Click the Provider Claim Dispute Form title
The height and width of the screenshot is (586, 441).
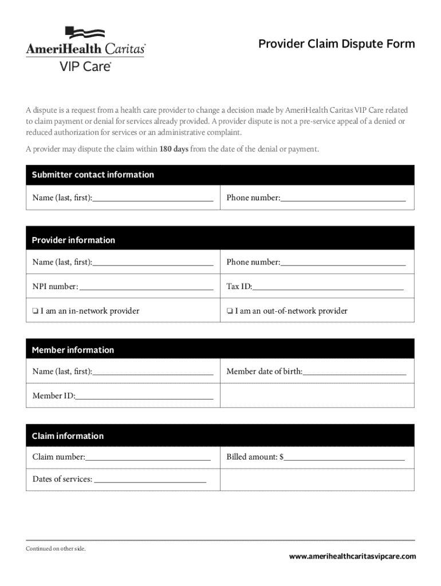[x=336, y=44]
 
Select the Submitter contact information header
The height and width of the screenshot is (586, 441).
[x=93, y=175]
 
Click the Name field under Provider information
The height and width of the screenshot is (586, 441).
[x=152, y=262]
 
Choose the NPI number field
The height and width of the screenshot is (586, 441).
[x=146, y=286]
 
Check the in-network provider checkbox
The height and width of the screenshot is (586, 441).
[x=36, y=311]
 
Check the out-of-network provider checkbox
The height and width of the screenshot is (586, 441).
[x=229, y=311]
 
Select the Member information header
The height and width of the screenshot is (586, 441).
[x=73, y=350]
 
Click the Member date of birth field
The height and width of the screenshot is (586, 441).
[x=354, y=371]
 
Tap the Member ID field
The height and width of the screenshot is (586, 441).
[x=144, y=395]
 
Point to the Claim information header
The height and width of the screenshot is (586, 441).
[x=68, y=436]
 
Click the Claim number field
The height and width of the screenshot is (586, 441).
[x=148, y=457]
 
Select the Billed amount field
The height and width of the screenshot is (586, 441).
[x=344, y=457]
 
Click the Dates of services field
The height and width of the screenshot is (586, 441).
[x=149, y=480]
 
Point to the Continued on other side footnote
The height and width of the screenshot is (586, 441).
[x=56, y=549]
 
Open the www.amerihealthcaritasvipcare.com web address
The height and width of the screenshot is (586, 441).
[x=352, y=556]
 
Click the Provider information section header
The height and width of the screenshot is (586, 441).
[x=73, y=240]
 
